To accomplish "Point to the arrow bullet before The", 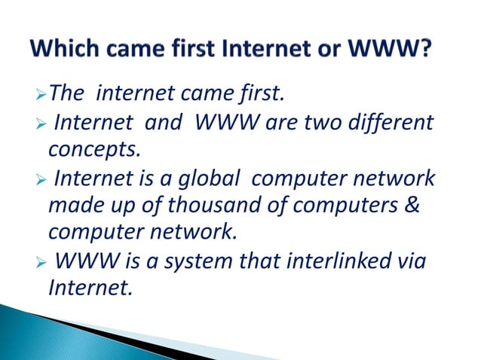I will (x=42, y=94).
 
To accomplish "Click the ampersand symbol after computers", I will (x=411, y=206).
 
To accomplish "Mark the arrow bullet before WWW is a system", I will (x=42, y=261).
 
